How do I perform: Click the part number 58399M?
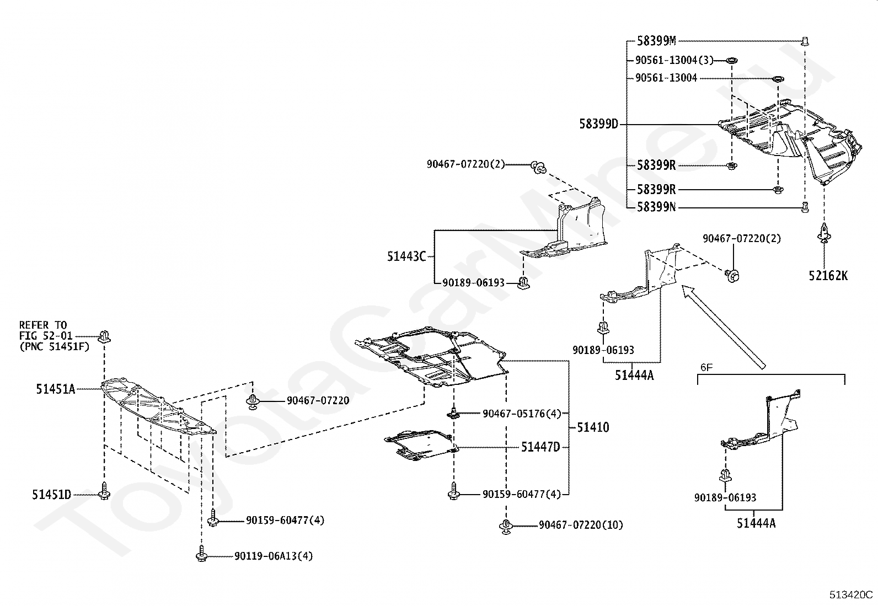[x=656, y=41]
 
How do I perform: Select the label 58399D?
[x=598, y=124]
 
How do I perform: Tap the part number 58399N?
[x=656, y=207]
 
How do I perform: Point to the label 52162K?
[x=828, y=276]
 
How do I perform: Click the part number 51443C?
[x=406, y=256]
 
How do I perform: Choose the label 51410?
[x=593, y=427]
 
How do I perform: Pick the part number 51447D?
[x=540, y=447]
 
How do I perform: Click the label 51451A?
[x=56, y=389]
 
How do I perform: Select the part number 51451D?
[x=52, y=495]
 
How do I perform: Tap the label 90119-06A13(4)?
[x=274, y=556]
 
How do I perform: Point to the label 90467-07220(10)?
[x=581, y=525]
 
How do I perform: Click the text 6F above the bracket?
[x=706, y=367]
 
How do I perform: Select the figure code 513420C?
[x=851, y=594]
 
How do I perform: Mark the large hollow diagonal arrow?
[x=723, y=326]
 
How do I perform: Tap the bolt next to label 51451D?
[x=104, y=491]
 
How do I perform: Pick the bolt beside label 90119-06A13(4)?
[x=201, y=553]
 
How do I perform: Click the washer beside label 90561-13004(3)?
[x=731, y=60]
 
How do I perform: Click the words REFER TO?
[x=43, y=325]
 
